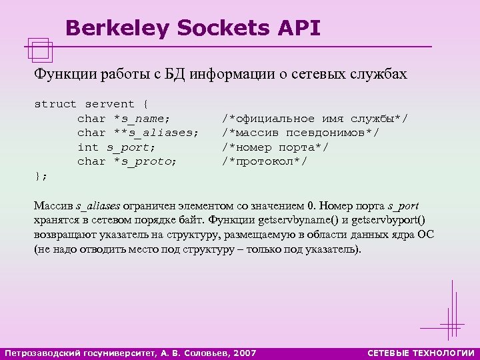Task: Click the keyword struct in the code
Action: point(56,105)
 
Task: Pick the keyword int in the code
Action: point(88,147)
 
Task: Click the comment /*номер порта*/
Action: point(275,147)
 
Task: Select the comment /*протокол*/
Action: point(265,161)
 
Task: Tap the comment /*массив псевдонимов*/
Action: point(301,133)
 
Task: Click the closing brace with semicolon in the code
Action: point(41,175)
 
